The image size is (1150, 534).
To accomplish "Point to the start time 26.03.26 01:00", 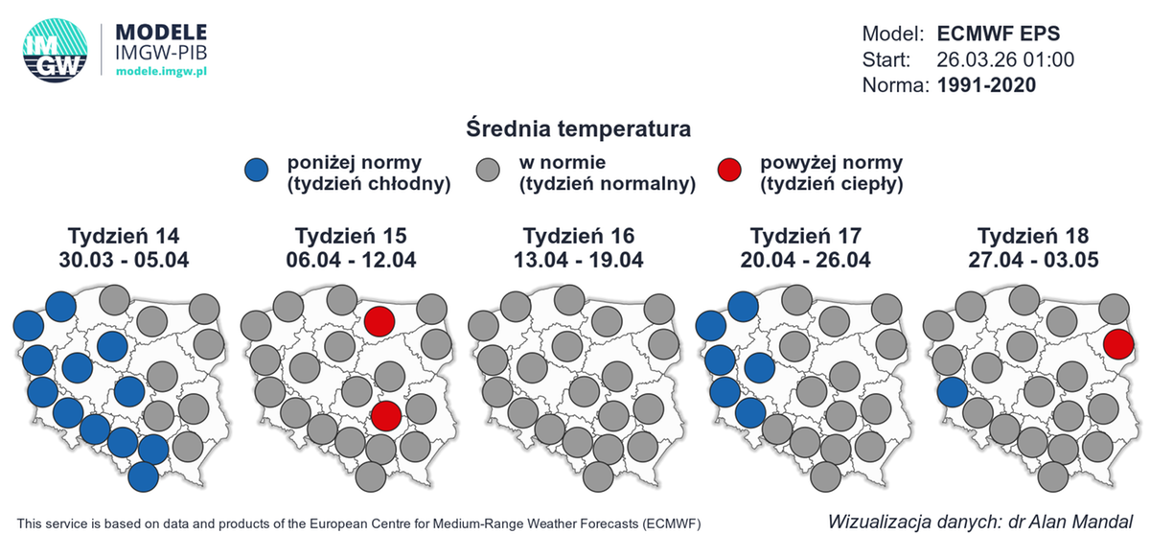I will tap(1004, 59).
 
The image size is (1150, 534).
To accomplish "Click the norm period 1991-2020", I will tap(986, 85).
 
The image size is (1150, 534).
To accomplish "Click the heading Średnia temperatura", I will tap(579, 128).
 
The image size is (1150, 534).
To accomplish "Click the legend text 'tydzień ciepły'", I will tap(832, 184).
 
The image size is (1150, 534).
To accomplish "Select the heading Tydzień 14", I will tap(124, 236).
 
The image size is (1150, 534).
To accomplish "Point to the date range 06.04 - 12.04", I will tap(351, 259).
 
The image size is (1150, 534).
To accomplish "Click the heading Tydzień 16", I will tap(579, 236).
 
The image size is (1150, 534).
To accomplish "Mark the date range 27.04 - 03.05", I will tap(1033, 259).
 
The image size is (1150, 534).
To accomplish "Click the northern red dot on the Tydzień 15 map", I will tap(379, 321).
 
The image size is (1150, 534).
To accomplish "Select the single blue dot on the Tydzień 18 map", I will tap(951, 391).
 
